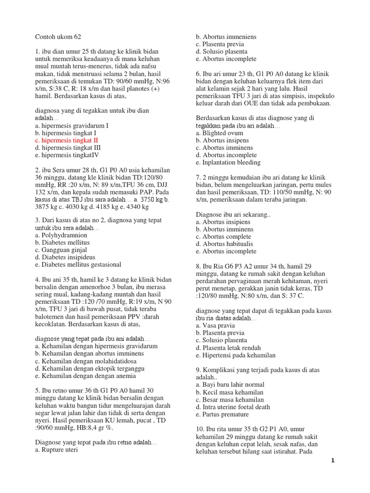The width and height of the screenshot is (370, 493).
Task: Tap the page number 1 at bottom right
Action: tap(332, 460)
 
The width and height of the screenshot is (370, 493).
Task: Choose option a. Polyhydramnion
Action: tap(61, 235)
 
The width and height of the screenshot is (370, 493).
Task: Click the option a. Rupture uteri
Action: tap(56, 451)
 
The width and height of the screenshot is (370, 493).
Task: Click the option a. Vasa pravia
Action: tap(216, 325)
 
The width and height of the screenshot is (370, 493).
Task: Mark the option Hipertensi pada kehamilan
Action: tap(236, 355)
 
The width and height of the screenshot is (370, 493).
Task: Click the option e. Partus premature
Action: tap(222, 414)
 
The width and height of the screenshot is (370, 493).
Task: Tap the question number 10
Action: tap(200, 429)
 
